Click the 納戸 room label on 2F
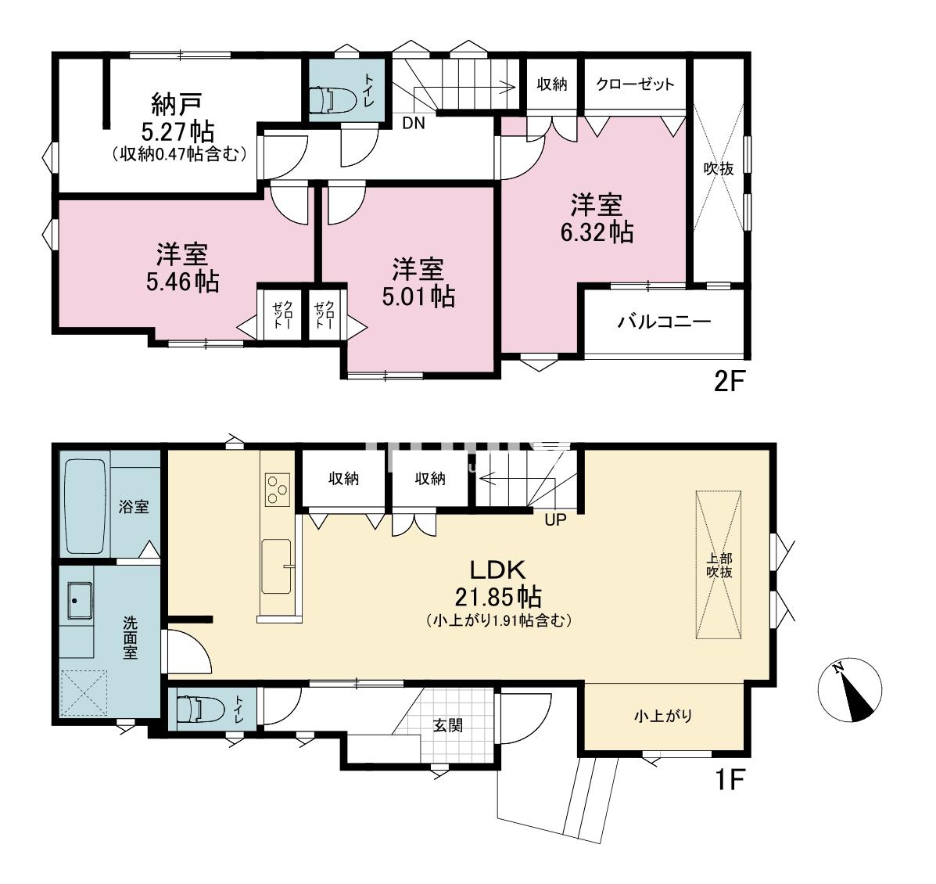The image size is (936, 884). click(x=176, y=105)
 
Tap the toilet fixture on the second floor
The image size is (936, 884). click(x=325, y=99)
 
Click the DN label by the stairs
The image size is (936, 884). click(x=414, y=123)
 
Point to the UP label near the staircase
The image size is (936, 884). click(x=554, y=520)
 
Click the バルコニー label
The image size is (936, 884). click(x=665, y=322)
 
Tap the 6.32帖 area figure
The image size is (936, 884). click(x=597, y=232)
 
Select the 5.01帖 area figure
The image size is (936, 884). click(x=418, y=296)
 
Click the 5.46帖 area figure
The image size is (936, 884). click(x=183, y=282)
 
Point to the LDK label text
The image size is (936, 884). click(x=498, y=570)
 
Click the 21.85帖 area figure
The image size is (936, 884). click(x=498, y=597)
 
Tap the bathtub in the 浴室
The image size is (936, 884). click(x=85, y=506)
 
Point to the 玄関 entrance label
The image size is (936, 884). click(x=448, y=726)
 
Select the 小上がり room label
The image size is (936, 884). click(x=663, y=716)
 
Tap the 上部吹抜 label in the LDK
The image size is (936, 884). click(x=719, y=566)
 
